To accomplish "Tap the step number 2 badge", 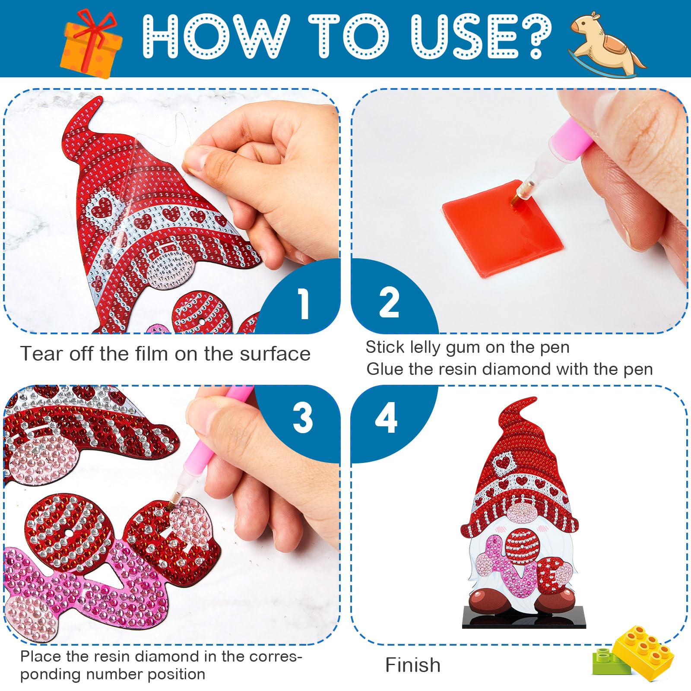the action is coord(389,303).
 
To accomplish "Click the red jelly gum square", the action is coord(503,228).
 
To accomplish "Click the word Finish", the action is coord(413,665).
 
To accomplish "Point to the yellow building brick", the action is coord(644,653).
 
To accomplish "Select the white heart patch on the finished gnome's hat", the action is coord(502,463).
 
